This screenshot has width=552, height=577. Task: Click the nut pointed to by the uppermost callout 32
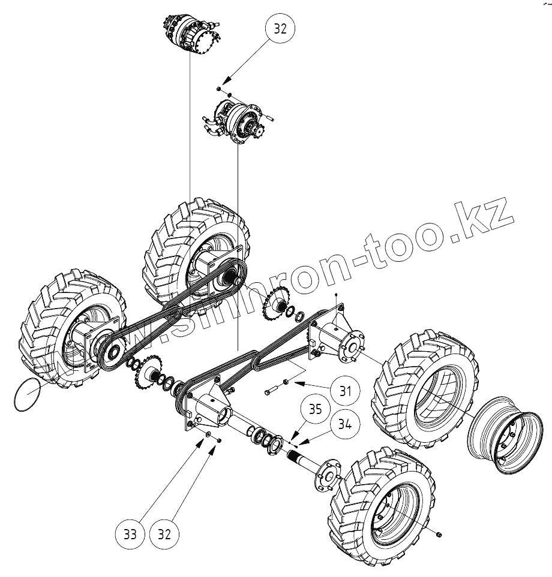[x=220, y=89]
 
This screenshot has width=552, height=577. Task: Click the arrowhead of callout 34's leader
[x=298, y=445]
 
